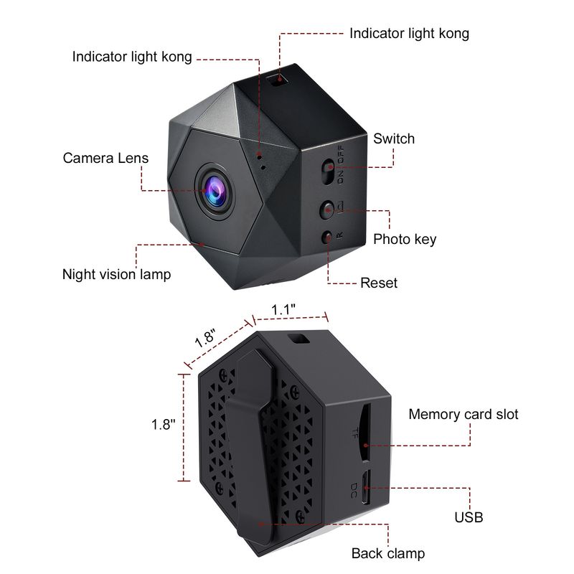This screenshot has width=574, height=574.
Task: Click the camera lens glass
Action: pyautogui.click(x=214, y=189)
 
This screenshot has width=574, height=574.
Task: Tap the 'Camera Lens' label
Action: pyautogui.click(x=105, y=159)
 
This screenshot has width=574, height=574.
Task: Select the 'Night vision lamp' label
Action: pyautogui.click(x=116, y=274)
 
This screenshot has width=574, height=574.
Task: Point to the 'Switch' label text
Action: pyautogui.click(x=393, y=138)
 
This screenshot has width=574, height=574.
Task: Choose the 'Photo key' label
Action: pyautogui.click(x=405, y=239)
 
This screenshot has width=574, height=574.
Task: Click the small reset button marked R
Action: pyautogui.click(x=328, y=235)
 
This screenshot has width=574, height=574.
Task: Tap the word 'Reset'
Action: pyautogui.click(x=379, y=283)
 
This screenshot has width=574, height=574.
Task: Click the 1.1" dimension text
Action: pyautogui.click(x=283, y=309)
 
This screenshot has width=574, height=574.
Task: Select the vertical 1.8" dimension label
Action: pyautogui.click(x=163, y=424)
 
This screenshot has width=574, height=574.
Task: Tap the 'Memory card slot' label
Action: pyautogui.click(x=463, y=414)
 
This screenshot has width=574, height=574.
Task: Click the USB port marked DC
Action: pyautogui.click(x=364, y=488)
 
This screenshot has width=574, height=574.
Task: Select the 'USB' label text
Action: pyautogui.click(x=469, y=517)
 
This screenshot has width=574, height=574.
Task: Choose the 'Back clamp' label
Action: pyautogui.click(x=387, y=553)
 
